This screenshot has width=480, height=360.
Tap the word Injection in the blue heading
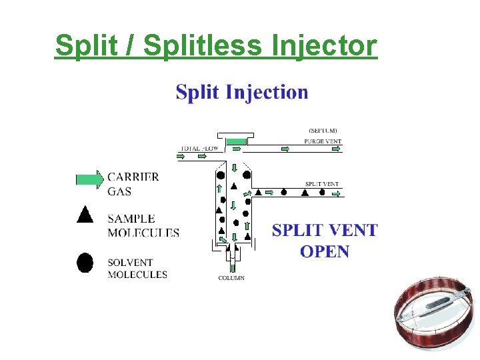pos(267,91)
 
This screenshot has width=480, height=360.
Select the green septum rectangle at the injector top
pos(236,142)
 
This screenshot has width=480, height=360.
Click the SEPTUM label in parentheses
pos(323,131)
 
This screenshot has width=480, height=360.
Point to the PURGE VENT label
pos(323,141)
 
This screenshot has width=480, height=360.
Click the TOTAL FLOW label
pos(200,148)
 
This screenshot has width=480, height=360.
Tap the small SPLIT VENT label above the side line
pos(322,184)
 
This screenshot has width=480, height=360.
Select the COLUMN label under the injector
pos(231,277)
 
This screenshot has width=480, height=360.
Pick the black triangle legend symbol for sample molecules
pos(85,215)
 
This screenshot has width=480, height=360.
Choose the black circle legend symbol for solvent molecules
pos(85,262)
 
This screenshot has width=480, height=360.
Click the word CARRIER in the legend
pos(133,177)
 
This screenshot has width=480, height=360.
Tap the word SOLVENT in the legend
pos(130,263)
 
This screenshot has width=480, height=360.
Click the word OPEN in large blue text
pos(325,251)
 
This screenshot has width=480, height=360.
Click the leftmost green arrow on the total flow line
pos(181,157)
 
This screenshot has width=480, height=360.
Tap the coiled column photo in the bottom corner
pos(433,314)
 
